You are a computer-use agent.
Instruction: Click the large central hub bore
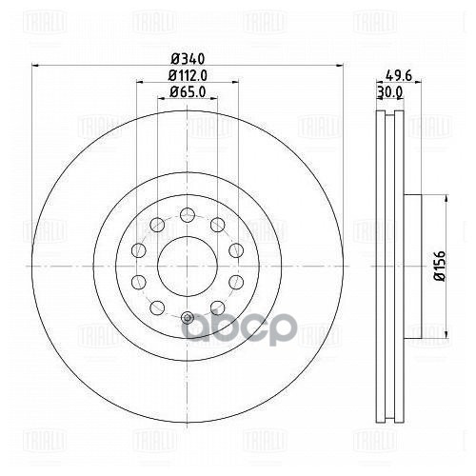[x=187, y=263]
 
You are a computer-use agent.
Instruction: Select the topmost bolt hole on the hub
[x=187, y=212]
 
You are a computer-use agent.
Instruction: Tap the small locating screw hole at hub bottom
[x=187, y=316]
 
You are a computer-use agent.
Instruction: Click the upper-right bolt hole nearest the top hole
[x=218, y=224]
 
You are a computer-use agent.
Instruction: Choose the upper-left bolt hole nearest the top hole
[x=155, y=224]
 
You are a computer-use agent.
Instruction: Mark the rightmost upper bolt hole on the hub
[x=236, y=249]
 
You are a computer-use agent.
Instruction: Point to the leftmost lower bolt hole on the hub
[x=137, y=280]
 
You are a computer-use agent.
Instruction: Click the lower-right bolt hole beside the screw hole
[x=218, y=305]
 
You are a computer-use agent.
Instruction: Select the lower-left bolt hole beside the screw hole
[x=155, y=305]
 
